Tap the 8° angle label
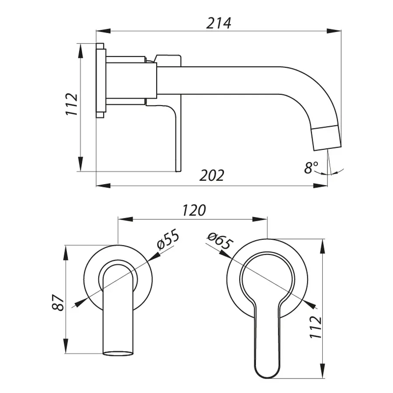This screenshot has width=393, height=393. pos(311,167)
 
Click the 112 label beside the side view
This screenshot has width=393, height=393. pos(72,104)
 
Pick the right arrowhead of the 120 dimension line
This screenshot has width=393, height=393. pos(263,219)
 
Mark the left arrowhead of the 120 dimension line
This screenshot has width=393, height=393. pos(122,219)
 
